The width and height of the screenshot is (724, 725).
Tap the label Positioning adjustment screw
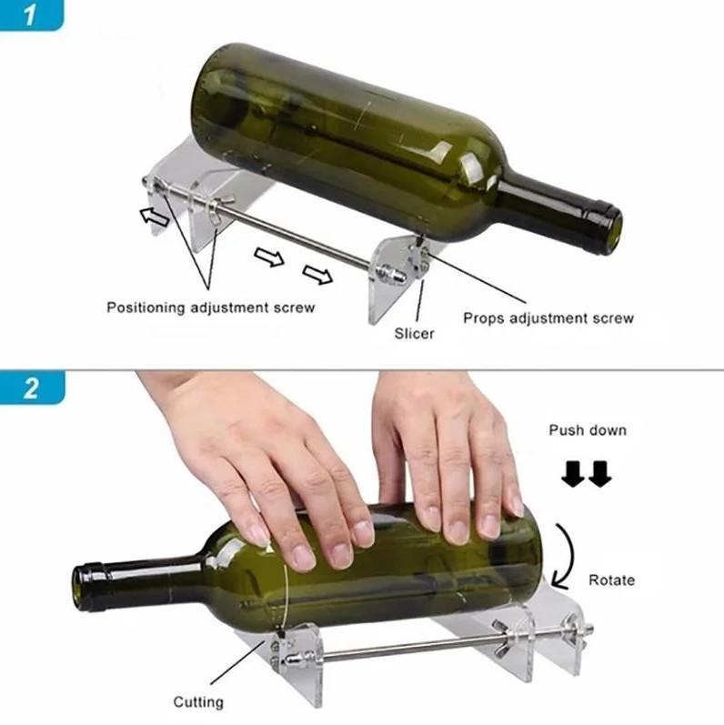pos(211,307)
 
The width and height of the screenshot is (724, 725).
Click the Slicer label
pos(414,334)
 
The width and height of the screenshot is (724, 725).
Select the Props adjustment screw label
pos(548,318)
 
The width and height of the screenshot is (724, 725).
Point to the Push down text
pos(587,429)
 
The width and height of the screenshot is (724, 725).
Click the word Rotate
pos(611,579)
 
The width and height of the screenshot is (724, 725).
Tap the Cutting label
pos(198,701)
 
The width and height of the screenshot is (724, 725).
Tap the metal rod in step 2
pos(400,648)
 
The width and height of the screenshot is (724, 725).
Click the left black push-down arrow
pos(572,474)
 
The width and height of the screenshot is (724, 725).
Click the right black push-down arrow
pos(599,474)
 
